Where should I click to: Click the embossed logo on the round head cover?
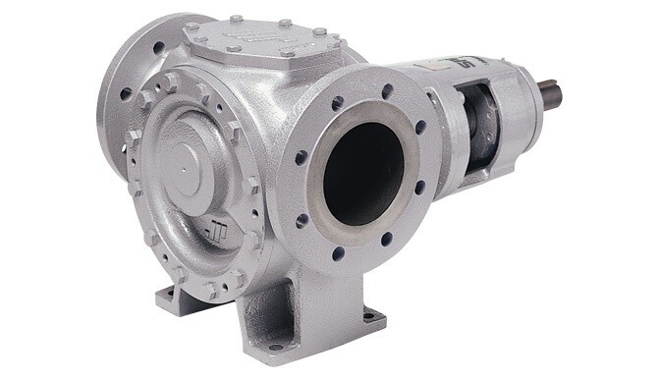(x=218, y=235)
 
